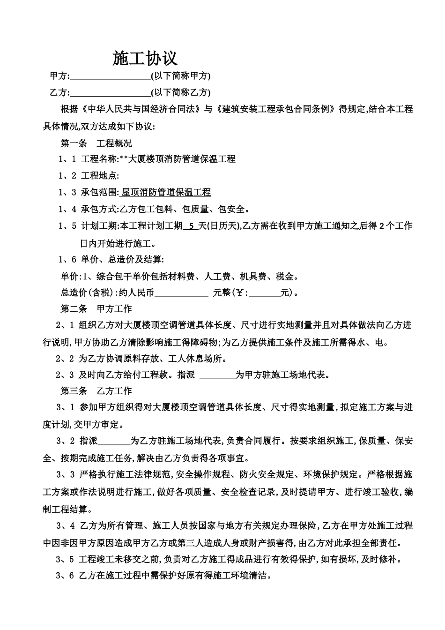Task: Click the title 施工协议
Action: coord(145,59)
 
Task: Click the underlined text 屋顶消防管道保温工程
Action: coord(166,193)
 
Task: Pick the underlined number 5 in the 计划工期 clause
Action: coord(191,226)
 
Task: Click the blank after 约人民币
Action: coord(181,293)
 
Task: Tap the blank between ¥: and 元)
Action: coord(265,293)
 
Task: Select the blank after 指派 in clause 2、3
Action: coord(217,375)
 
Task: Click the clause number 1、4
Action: coord(67,210)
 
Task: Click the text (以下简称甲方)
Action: coord(180,76)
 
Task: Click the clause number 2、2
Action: coord(65,359)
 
